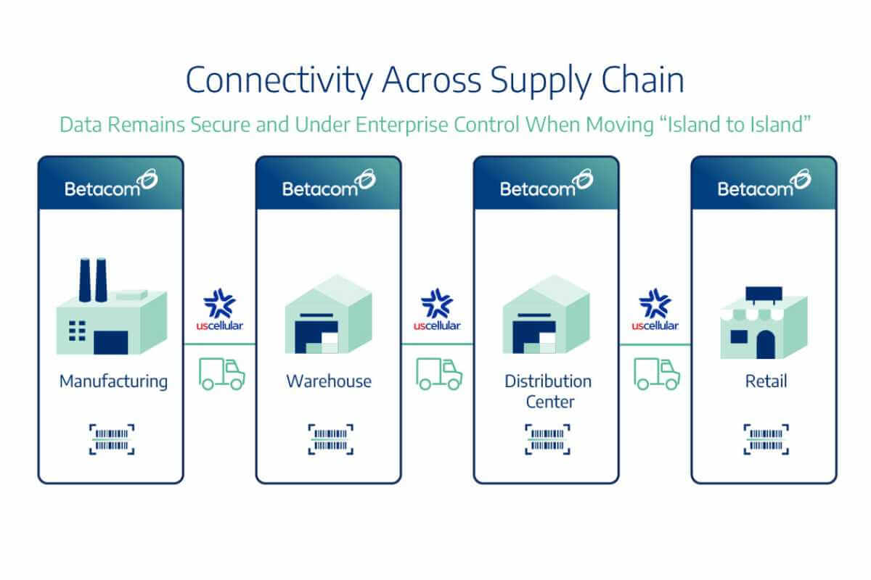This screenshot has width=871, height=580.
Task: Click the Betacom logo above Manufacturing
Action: tap(111, 185)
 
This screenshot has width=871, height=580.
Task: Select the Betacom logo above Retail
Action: tap(764, 185)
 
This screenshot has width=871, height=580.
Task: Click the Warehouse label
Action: tap(328, 381)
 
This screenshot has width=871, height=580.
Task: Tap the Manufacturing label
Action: tap(113, 381)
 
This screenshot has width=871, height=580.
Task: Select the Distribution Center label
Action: tap(548, 390)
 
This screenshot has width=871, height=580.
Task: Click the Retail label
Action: tap(766, 381)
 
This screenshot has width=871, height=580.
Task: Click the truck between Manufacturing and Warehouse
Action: tap(221, 374)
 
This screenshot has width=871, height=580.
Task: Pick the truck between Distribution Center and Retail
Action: tap(657, 374)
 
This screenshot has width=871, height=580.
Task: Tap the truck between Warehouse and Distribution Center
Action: tap(439, 374)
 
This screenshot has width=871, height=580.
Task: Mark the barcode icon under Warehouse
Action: tap(330, 439)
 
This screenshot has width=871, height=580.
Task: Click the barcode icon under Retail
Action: tap(766, 439)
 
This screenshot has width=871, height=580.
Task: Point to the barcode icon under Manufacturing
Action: tap(112, 439)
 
